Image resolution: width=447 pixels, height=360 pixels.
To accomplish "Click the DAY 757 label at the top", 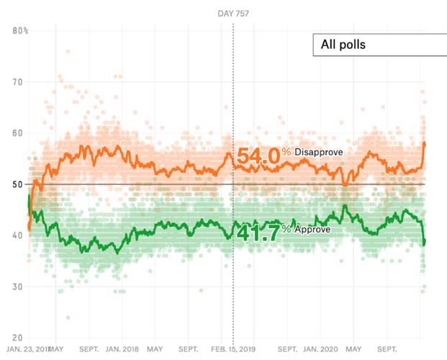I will click(x=233, y=13).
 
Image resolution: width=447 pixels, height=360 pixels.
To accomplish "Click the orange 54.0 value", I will click(x=258, y=154).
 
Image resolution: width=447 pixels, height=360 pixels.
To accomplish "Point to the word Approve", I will click(x=312, y=228).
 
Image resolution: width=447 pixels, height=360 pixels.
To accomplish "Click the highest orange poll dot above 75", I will click(x=68, y=51).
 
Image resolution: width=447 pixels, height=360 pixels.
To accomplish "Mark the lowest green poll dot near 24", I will click(x=68, y=317).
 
